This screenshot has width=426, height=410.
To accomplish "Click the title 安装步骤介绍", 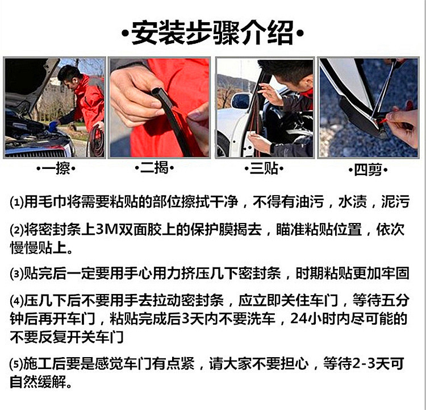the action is tap(212, 33).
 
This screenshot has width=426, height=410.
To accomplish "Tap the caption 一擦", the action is tap(56, 168).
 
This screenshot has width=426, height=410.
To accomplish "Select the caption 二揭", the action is tap(154, 168).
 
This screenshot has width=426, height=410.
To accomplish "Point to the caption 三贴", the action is tap(264, 168).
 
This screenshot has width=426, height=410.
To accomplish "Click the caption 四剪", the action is tap(368, 170).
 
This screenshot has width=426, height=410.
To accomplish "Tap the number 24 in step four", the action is tap(299, 318).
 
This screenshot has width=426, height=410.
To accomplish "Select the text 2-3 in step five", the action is tap(364, 364).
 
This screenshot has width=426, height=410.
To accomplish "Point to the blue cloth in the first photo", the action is tap(54, 126).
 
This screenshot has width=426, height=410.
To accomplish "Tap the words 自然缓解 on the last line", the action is tap(38, 382).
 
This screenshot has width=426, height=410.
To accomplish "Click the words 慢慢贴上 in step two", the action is tap(38, 247).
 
